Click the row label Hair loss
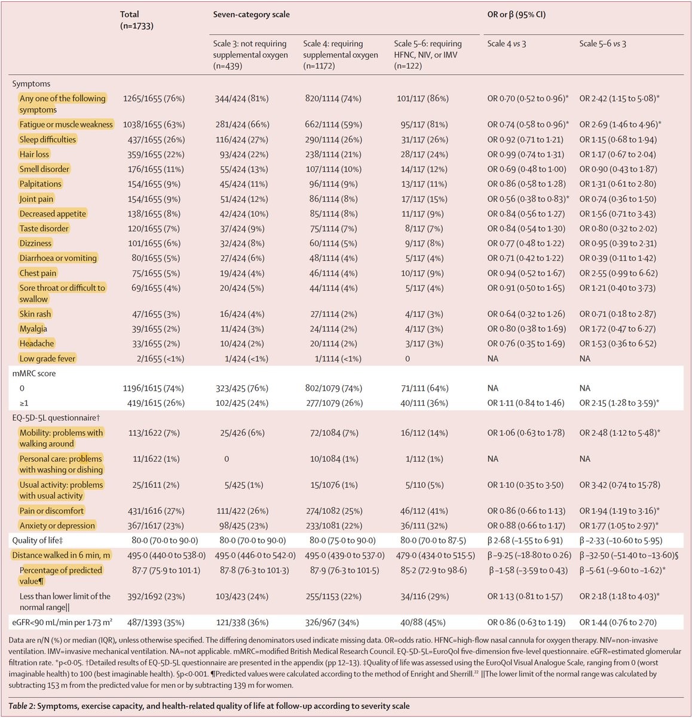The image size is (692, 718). pos(34,154)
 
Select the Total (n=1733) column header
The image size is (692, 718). pos(137,20)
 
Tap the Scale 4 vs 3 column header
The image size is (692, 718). pos(506,44)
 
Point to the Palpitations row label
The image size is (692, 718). pos(41,184)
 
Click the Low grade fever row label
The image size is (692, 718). pos(47,358)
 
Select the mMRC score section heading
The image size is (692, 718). pos(34,373)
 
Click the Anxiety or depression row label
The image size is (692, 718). pos(57,525)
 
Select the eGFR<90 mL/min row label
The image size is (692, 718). pos(62,622)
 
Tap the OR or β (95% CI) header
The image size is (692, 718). pos(516,14)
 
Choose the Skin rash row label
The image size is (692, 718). pos(35,314)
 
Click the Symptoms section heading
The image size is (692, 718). pos(32,84)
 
